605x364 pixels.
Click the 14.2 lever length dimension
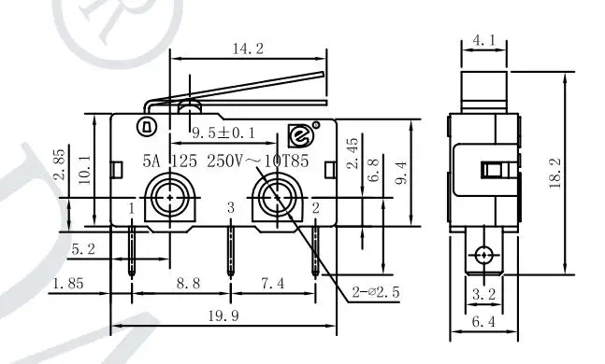pos(248,49)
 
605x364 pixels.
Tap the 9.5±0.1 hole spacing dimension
pos(223,133)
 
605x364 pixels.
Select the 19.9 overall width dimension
pos(223,316)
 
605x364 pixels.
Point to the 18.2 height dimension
pos(555,173)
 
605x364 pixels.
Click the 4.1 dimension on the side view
pos(483,40)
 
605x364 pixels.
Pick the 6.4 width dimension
pos(483,321)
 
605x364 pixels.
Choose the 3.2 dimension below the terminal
pos(483,295)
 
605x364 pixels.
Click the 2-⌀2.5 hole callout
pos(376,293)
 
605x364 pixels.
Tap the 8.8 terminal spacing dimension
pos(188,284)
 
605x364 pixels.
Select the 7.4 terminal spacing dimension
pos(273,284)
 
